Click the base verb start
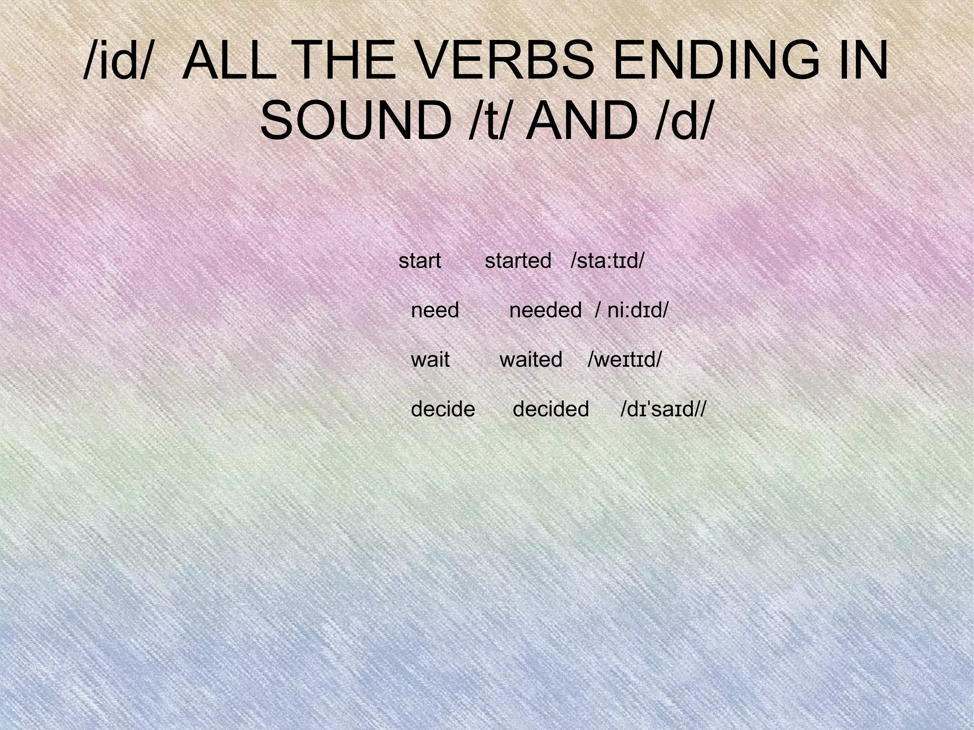[420, 261]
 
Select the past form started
[518, 261]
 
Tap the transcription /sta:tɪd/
[607, 261]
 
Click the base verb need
[435, 311]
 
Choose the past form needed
[545, 311]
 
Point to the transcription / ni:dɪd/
[632, 311]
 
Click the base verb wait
[430, 360]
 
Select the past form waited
[531, 360]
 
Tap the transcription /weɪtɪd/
[624, 360]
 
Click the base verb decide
[443, 409]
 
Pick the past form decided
[551, 409]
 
